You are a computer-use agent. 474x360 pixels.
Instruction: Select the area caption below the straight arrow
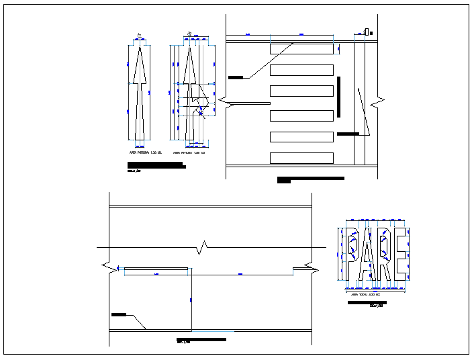pos(142,153)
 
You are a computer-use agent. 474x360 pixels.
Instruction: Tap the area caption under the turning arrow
pos(189,153)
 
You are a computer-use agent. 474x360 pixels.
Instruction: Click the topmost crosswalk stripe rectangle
pos(301,48)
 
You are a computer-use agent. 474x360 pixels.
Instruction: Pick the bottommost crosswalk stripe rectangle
pos(301,159)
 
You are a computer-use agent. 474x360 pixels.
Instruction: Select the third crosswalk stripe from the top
pos(301,91)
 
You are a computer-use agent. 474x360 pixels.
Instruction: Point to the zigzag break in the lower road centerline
pos(204,248)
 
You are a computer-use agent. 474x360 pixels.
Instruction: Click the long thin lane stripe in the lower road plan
pos(156,270)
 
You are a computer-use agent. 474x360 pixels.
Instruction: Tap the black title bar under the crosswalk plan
pos(311,179)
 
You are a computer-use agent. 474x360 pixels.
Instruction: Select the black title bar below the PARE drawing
pos(367,303)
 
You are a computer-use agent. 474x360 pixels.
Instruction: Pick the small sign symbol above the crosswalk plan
pos(366,30)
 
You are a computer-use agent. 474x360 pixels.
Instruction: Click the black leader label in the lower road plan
pos(119,314)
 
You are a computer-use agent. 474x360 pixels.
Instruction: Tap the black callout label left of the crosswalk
pos(236,78)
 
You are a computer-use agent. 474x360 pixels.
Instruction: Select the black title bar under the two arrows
pos(156,165)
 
